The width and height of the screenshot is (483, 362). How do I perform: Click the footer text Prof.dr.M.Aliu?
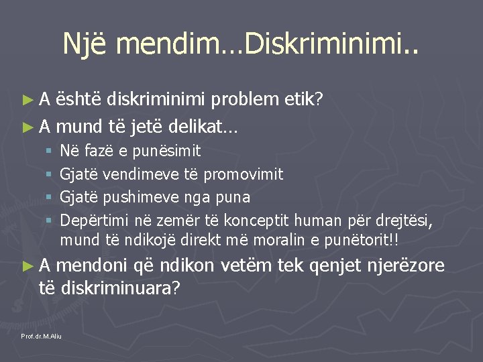pos(42,335)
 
